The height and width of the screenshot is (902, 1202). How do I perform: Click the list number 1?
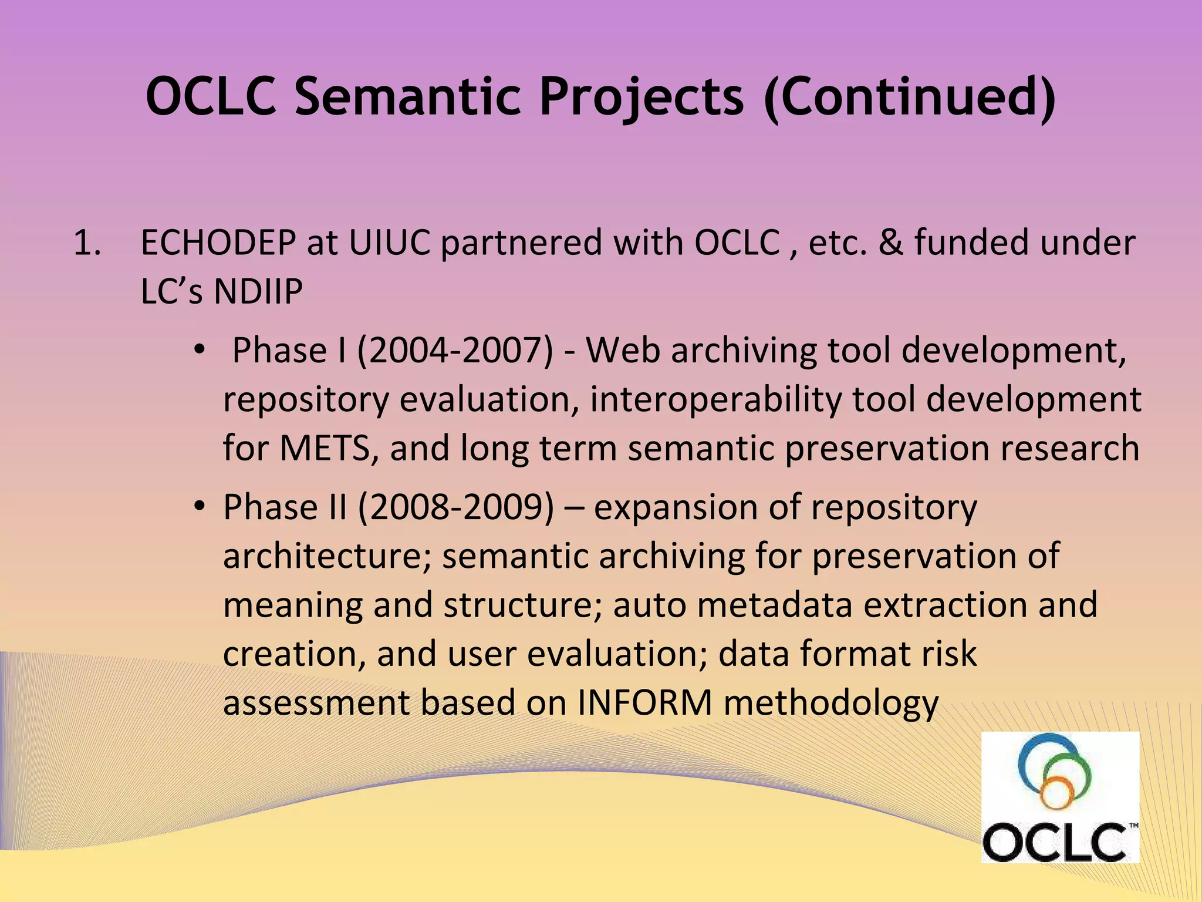point(86,243)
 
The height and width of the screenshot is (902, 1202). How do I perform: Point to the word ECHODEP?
point(218,243)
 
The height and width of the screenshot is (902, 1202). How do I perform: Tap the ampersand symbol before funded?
point(890,243)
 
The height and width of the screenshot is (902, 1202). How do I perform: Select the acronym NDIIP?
point(258,291)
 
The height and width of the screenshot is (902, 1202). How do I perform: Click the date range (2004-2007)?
point(455,351)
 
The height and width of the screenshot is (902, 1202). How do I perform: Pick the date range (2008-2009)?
point(455,507)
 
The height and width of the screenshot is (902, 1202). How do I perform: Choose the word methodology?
point(831,704)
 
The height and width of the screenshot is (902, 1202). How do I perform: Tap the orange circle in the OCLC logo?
point(1056,792)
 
